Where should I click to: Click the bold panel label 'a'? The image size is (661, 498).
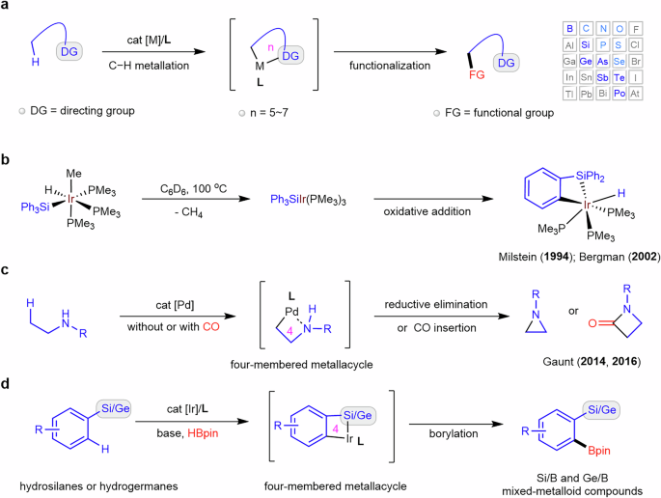coord(6,7)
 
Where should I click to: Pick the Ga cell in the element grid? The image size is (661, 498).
coord(570,59)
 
